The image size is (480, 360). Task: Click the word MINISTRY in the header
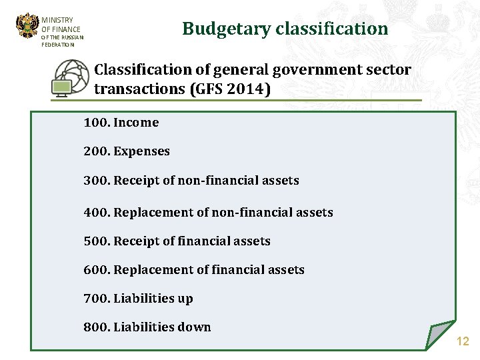(x=57, y=20)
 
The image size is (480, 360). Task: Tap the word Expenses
(x=141, y=151)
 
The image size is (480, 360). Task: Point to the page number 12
(x=463, y=341)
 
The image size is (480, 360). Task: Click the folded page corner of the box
(x=439, y=333)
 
